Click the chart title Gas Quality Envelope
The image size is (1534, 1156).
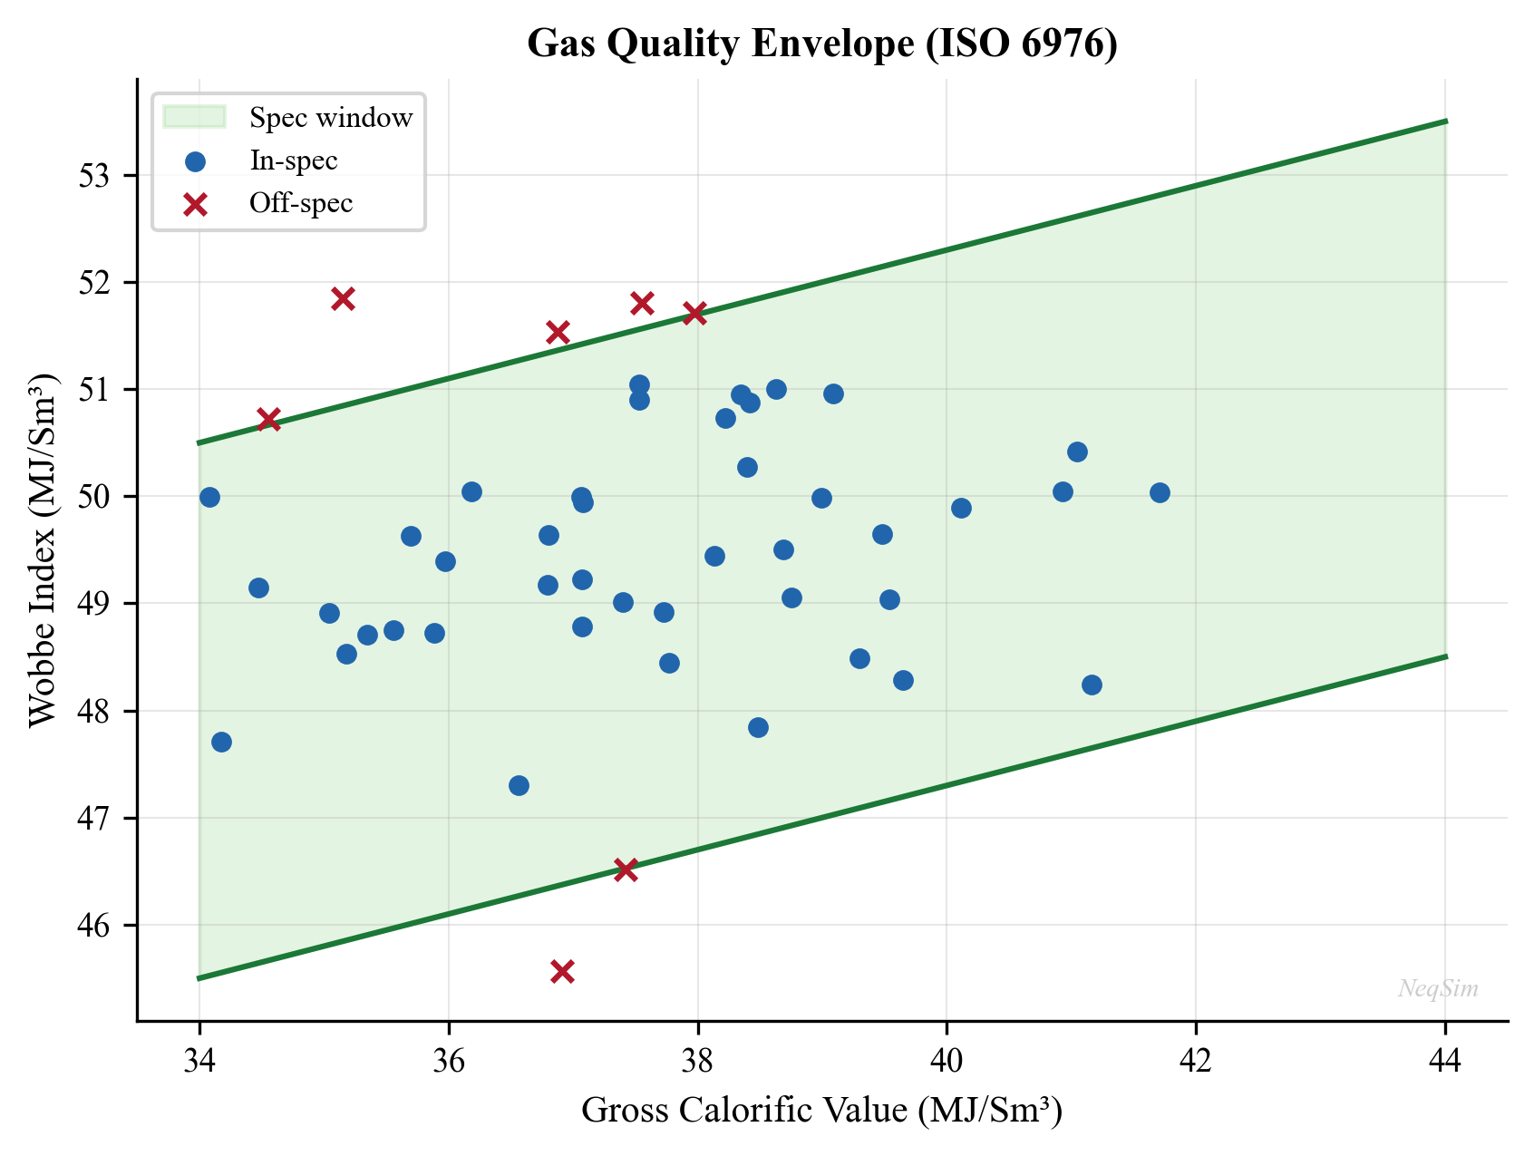coord(821,44)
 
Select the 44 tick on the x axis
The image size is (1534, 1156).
coord(1445,1062)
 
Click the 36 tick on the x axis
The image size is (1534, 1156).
coord(449,1062)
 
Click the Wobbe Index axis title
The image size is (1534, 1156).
coord(43,549)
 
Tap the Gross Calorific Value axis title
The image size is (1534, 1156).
coord(821,1111)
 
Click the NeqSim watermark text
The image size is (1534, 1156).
coord(1438,988)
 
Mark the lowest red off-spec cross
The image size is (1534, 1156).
coord(562,971)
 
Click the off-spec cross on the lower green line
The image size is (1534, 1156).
coord(626,870)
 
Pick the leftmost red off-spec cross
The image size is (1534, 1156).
coord(268,419)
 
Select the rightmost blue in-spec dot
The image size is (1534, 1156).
coord(1160,492)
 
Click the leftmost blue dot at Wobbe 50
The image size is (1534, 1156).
coord(209,497)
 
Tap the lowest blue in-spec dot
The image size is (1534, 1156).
coord(519,785)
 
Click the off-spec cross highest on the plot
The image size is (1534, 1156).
coord(343,299)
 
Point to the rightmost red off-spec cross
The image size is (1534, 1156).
coord(694,314)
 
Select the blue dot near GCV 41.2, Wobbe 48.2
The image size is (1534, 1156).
coord(1092,685)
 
